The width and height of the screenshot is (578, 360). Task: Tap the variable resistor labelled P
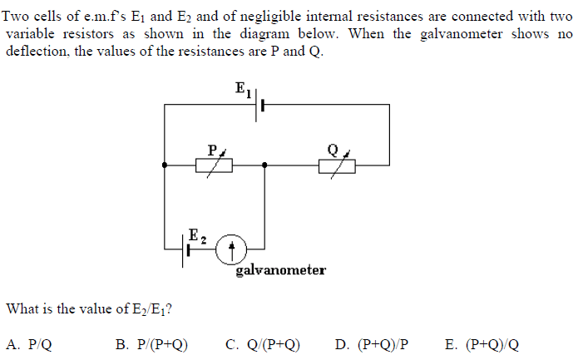[215, 165]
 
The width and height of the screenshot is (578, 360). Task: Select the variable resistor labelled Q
[337, 165]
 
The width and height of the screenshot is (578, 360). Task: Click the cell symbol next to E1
[258, 106]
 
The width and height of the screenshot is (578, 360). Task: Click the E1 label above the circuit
[244, 89]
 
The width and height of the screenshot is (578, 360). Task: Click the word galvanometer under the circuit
[280, 270]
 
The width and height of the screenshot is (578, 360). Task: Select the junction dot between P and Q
[264, 165]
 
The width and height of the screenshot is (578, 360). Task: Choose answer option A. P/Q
[29, 344]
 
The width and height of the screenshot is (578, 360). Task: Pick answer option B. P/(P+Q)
[153, 344]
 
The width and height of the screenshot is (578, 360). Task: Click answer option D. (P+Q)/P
[372, 344]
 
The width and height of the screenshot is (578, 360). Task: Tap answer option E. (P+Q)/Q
[482, 344]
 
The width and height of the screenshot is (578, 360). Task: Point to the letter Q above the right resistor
[333, 150]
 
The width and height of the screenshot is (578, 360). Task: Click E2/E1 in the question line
[149, 309]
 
